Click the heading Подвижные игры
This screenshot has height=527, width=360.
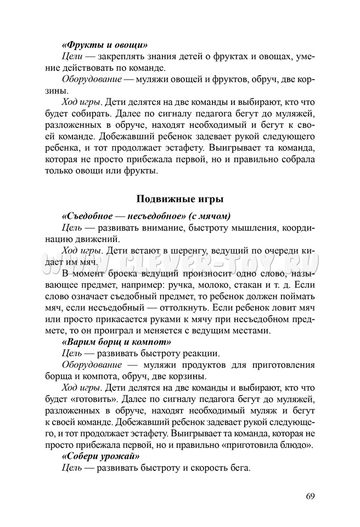point(179,198)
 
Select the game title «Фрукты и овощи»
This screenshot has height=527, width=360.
point(105,44)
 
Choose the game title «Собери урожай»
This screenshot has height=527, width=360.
point(100,456)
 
